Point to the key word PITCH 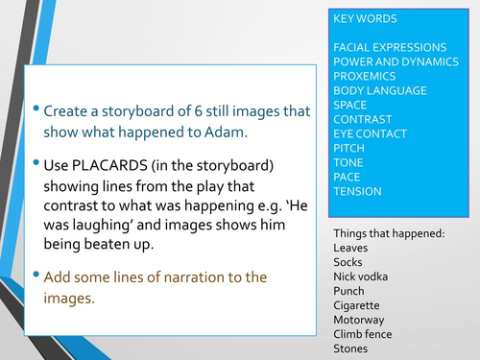point(349,149)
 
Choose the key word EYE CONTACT point(370,134)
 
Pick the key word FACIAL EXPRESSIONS point(389,47)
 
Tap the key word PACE point(348,178)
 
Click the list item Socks point(349,262)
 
